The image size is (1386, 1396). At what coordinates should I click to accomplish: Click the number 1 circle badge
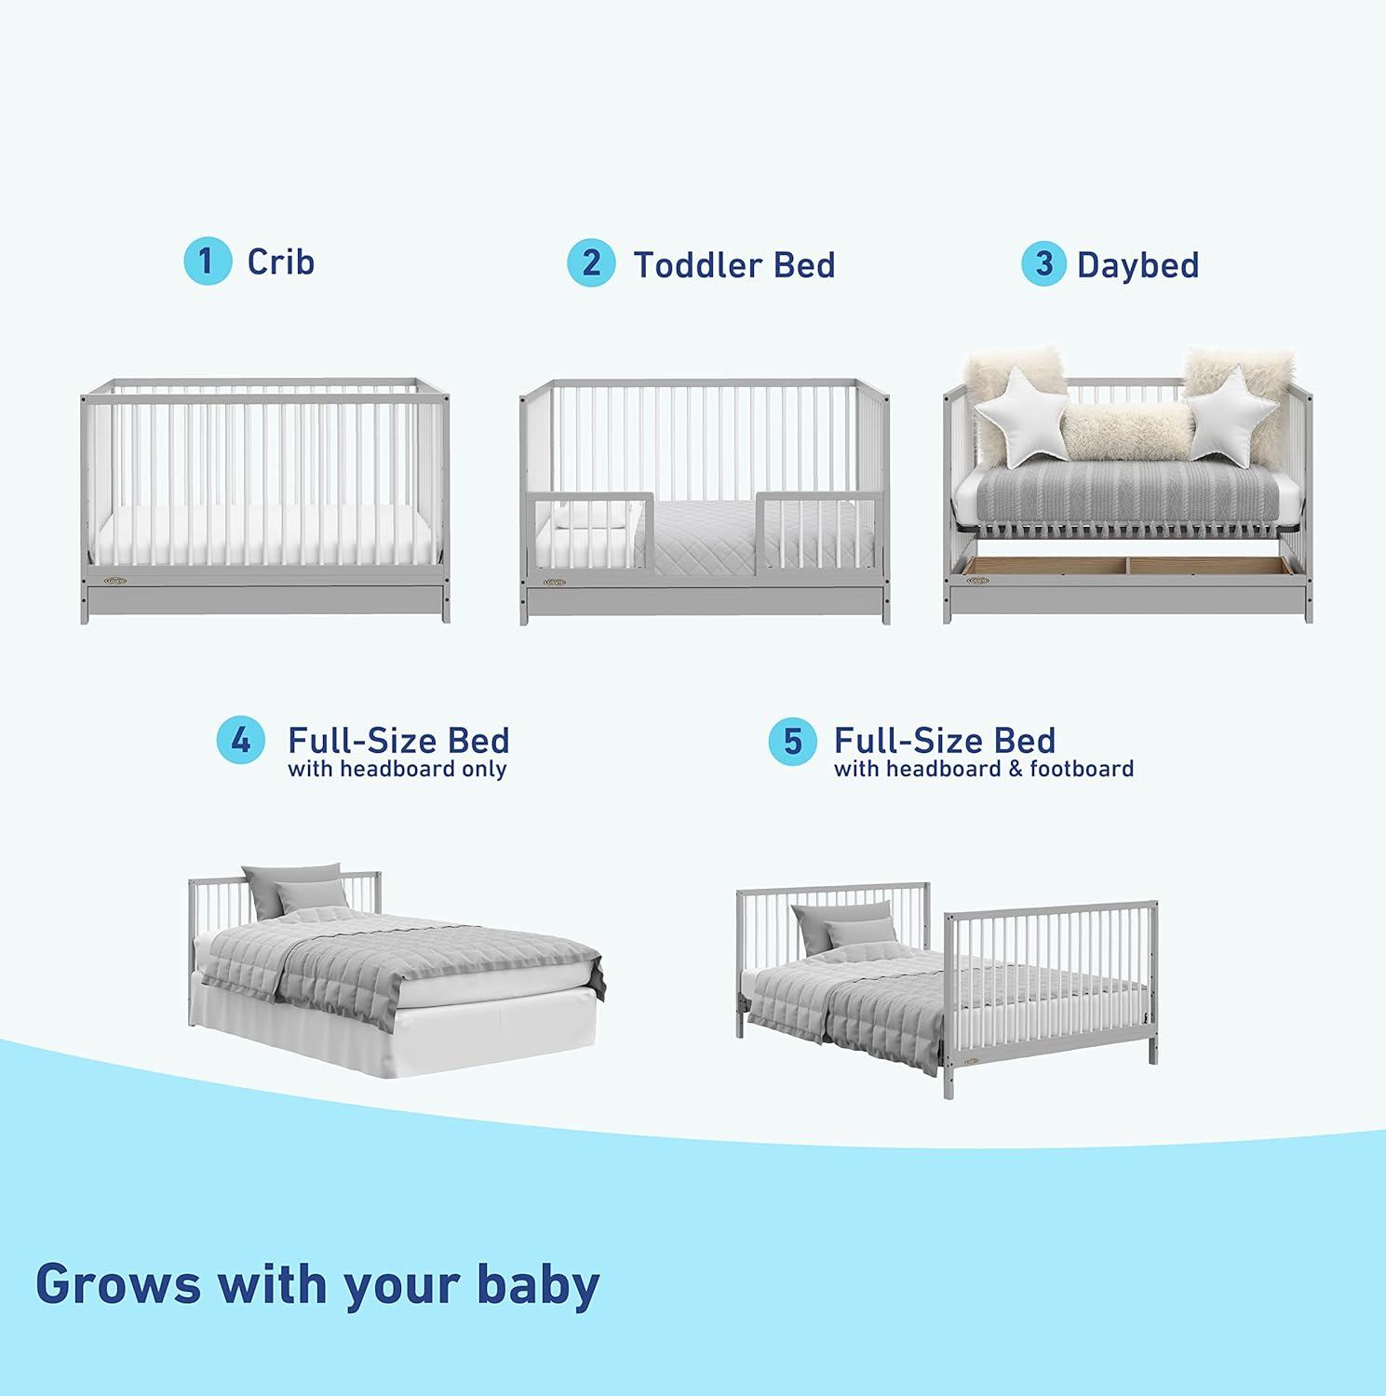pyautogui.click(x=207, y=262)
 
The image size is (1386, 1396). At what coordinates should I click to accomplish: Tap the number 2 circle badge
pyautogui.click(x=591, y=263)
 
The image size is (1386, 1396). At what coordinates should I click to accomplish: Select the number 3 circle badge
pyautogui.click(x=1044, y=263)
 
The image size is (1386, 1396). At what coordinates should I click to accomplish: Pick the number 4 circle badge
pyautogui.click(x=241, y=742)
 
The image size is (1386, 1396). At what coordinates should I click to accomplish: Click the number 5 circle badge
pyautogui.click(x=792, y=742)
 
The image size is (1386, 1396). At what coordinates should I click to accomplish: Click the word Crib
pyautogui.click(x=280, y=262)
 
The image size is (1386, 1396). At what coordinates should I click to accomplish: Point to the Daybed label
pyautogui.click(x=1137, y=265)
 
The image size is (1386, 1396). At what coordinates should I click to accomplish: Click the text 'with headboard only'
pyautogui.click(x=397, y=770)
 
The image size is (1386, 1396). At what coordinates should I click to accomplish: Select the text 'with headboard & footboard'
pyautogui.click(x=983, y=770)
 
